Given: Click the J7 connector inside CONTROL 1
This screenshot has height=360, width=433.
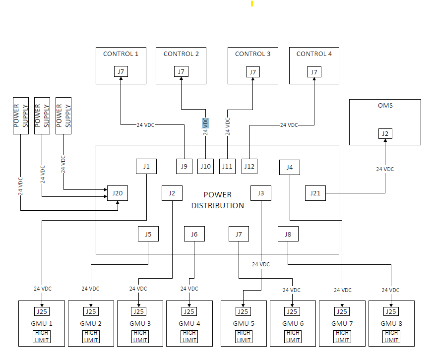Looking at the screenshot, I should coord(121,72).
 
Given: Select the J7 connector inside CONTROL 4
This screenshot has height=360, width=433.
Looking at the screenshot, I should coord(314,72).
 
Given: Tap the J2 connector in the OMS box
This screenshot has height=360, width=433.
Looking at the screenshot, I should coord(385,133).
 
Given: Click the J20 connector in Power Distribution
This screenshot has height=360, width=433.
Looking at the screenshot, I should coord(118,193).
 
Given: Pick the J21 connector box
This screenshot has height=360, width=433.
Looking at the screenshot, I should coord(315,193).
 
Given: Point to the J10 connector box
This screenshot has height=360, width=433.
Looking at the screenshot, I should coord(205,167).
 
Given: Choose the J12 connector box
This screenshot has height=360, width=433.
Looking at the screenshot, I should coord(249,167).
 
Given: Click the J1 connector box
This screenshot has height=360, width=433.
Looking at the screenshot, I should coord(146,167).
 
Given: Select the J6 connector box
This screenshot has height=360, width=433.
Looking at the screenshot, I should coord(194,234).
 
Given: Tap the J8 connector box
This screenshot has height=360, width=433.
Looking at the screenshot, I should coord(288,234).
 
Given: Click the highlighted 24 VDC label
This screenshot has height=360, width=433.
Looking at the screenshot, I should coord(205,126).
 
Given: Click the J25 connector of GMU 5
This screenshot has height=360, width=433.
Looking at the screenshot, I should coord(243,311).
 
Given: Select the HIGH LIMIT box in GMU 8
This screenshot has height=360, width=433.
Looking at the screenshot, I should coord(391,337).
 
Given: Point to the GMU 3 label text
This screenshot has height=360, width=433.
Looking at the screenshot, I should coord(140,323).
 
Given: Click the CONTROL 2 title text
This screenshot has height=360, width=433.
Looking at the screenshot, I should coord(181,54).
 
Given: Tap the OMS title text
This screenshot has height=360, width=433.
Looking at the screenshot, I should coord(385,106).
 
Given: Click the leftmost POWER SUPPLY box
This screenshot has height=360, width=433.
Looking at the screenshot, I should coord(20,116).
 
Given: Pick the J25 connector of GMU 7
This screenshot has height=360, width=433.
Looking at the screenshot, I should coord(342,311).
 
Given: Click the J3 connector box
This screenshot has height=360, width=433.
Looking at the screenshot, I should coord(261,193).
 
